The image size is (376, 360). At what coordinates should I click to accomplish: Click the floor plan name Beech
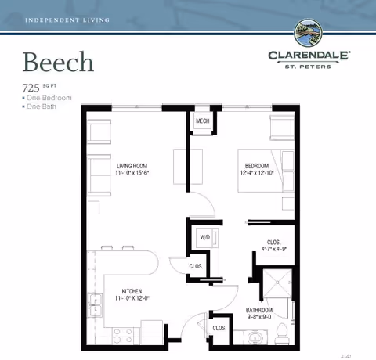58,61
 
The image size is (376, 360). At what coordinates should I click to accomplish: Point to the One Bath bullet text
44,106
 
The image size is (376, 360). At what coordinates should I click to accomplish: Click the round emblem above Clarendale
309,34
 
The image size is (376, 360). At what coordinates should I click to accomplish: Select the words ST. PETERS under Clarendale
309,66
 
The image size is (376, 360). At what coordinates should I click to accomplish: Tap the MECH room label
202,121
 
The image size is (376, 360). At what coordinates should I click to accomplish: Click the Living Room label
133,166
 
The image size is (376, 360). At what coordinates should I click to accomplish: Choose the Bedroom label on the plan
257,166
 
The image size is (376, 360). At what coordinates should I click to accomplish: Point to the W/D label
204,237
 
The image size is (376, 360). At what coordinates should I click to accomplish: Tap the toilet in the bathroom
281,335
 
